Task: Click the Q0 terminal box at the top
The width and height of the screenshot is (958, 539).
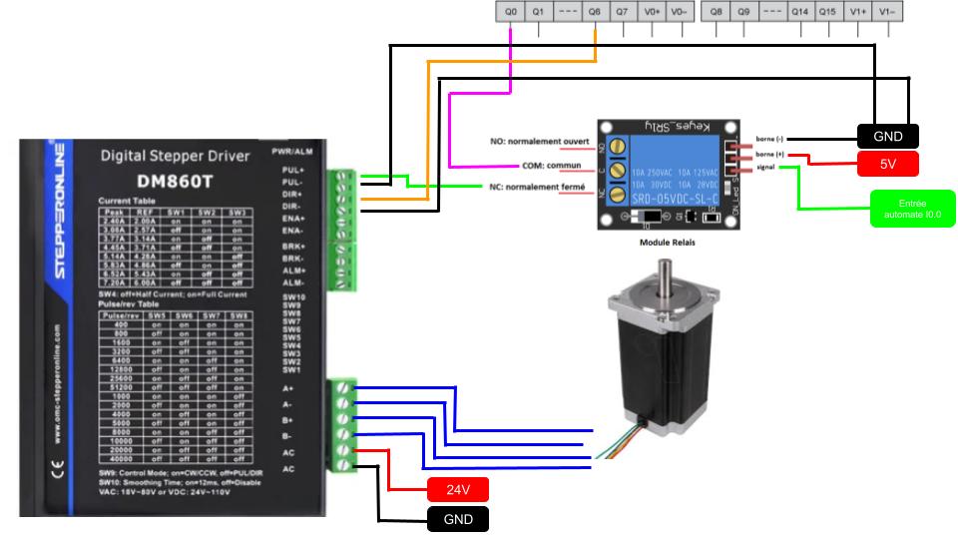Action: (511, 11)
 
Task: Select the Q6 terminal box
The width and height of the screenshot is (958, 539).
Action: (595, 11)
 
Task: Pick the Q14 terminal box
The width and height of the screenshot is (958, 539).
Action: (799, 11)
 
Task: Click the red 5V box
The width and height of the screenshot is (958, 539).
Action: (887, 163)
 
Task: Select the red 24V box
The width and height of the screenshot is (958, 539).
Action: (457, 489)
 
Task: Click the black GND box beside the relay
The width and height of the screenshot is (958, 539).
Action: (887, 136)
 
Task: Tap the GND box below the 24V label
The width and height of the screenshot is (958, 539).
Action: (457, 519)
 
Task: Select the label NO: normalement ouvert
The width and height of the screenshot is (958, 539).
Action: (540, 142)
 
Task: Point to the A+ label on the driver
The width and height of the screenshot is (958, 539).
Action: (288, 388)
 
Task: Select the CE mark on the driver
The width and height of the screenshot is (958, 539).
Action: (57, 465)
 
